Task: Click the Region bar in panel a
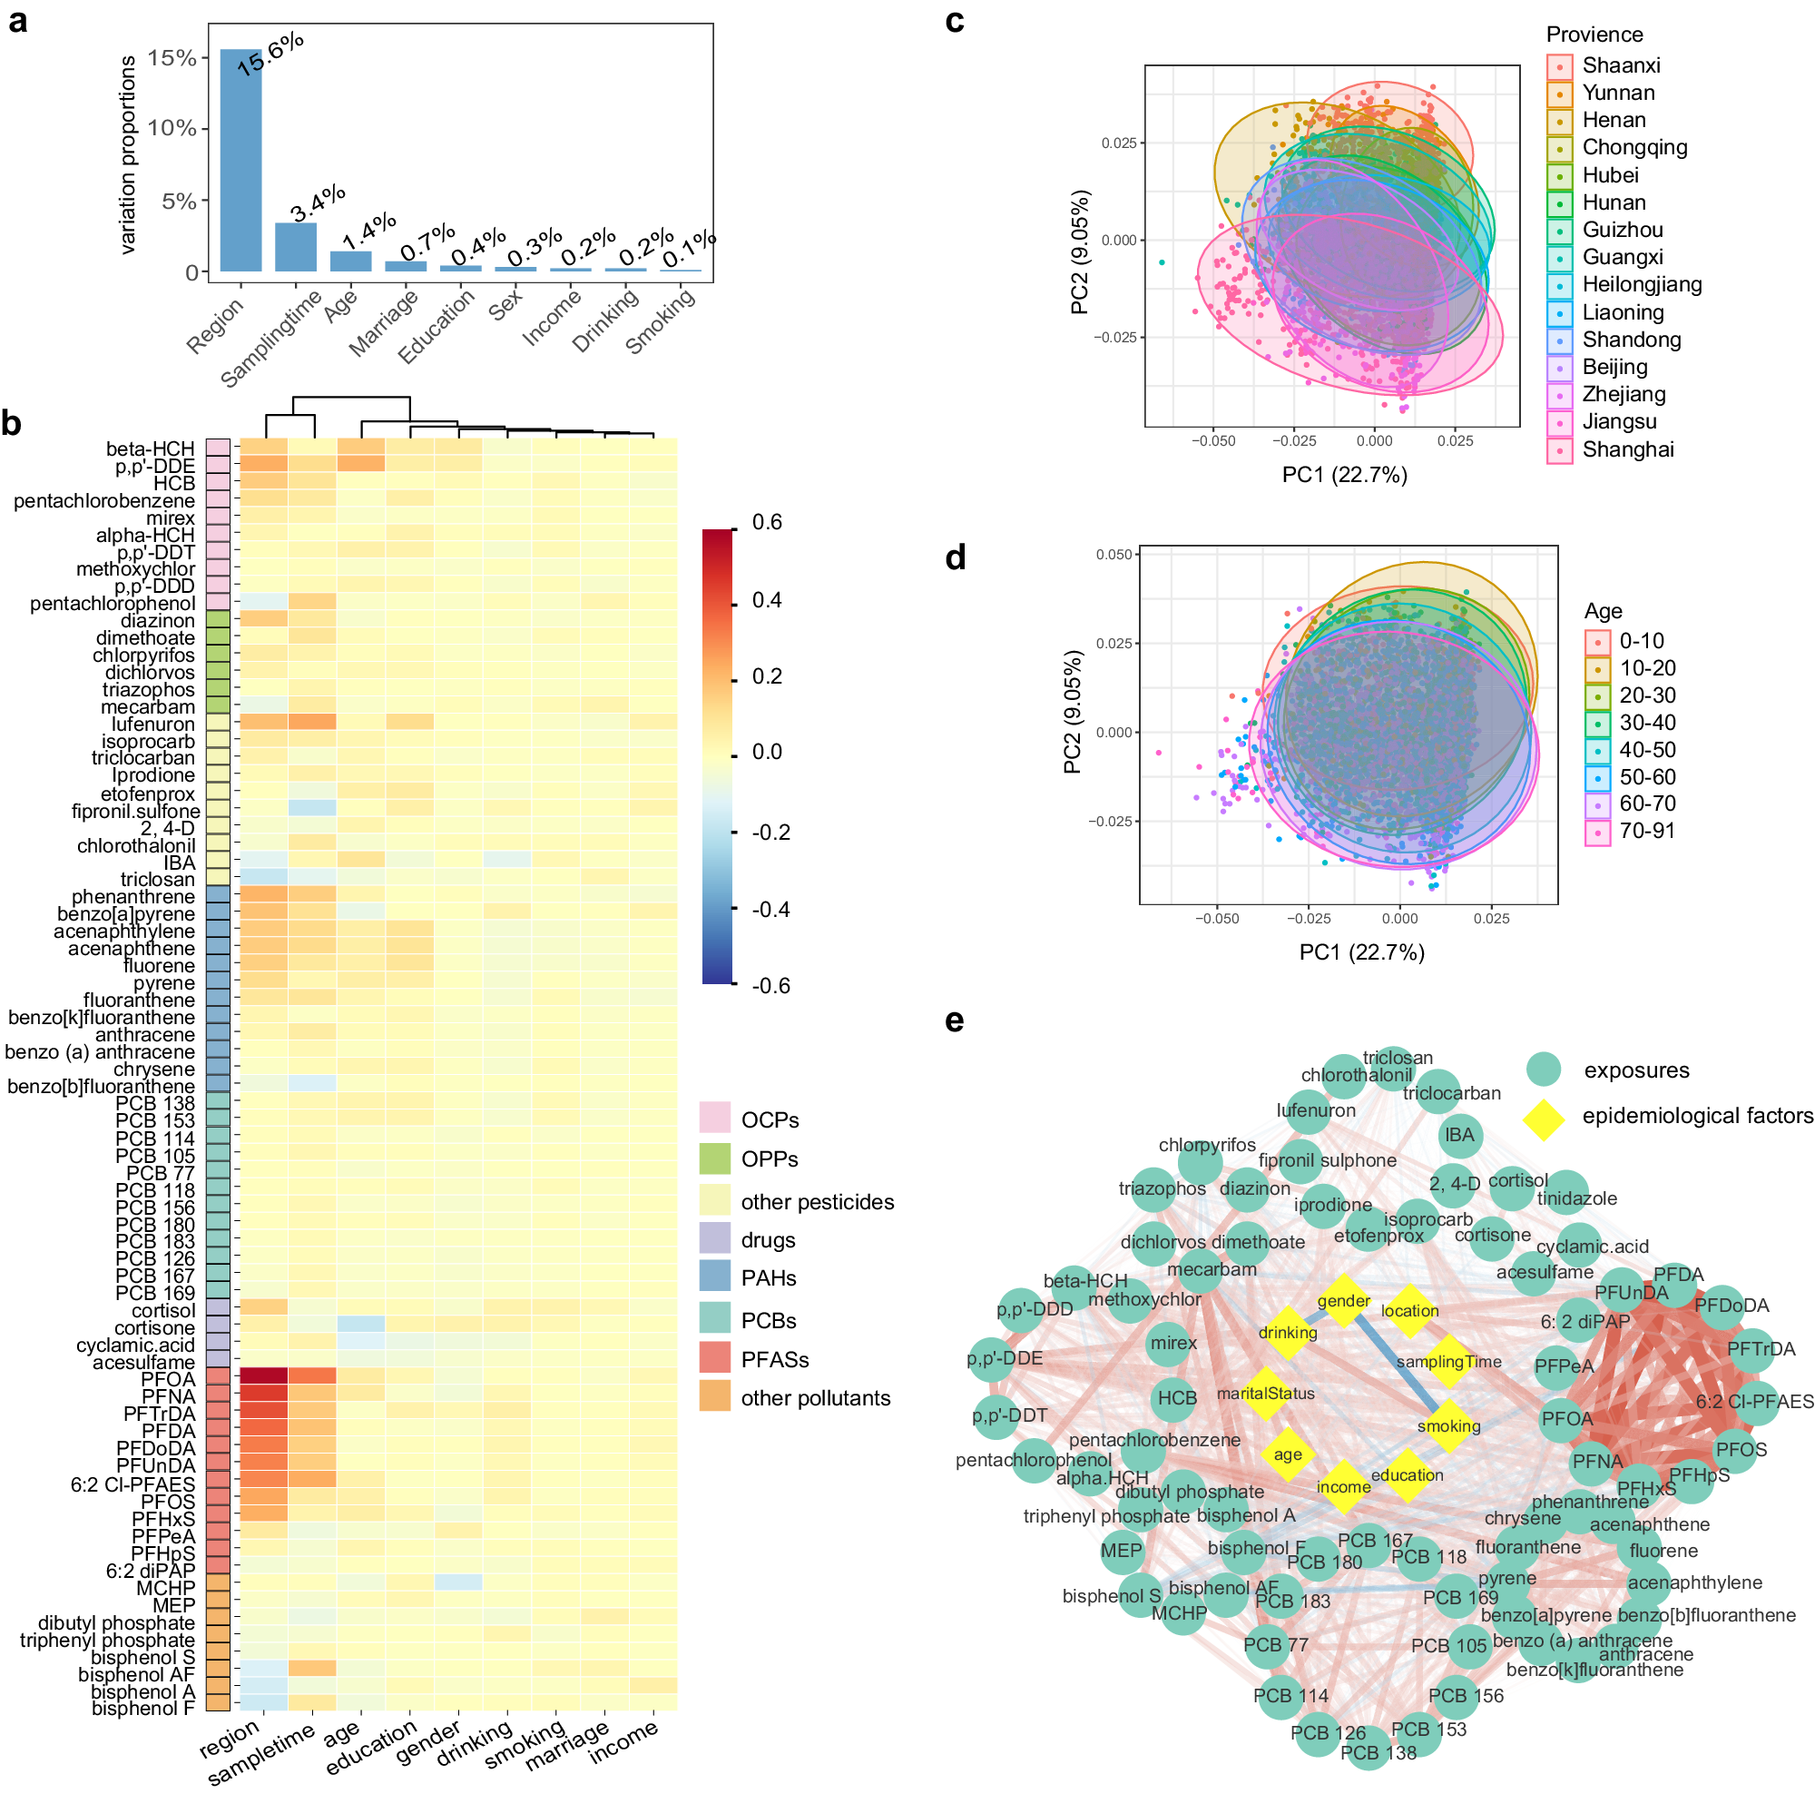240,160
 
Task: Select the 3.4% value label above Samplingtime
318,204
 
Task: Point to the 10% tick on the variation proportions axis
172,128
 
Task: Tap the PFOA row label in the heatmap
168,1378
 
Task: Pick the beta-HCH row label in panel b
151,449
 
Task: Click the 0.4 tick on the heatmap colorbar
767,599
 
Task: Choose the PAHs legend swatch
715,1276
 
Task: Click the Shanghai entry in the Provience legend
1627,449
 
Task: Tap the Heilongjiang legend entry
1641,285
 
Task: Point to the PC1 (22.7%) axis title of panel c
1344,475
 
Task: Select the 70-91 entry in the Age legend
1646,831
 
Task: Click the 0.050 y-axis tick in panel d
1114,555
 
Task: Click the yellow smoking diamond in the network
1447,1425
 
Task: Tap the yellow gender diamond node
1343,1301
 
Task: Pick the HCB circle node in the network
1176,1398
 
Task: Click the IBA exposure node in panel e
1459,1135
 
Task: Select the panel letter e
954,1020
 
